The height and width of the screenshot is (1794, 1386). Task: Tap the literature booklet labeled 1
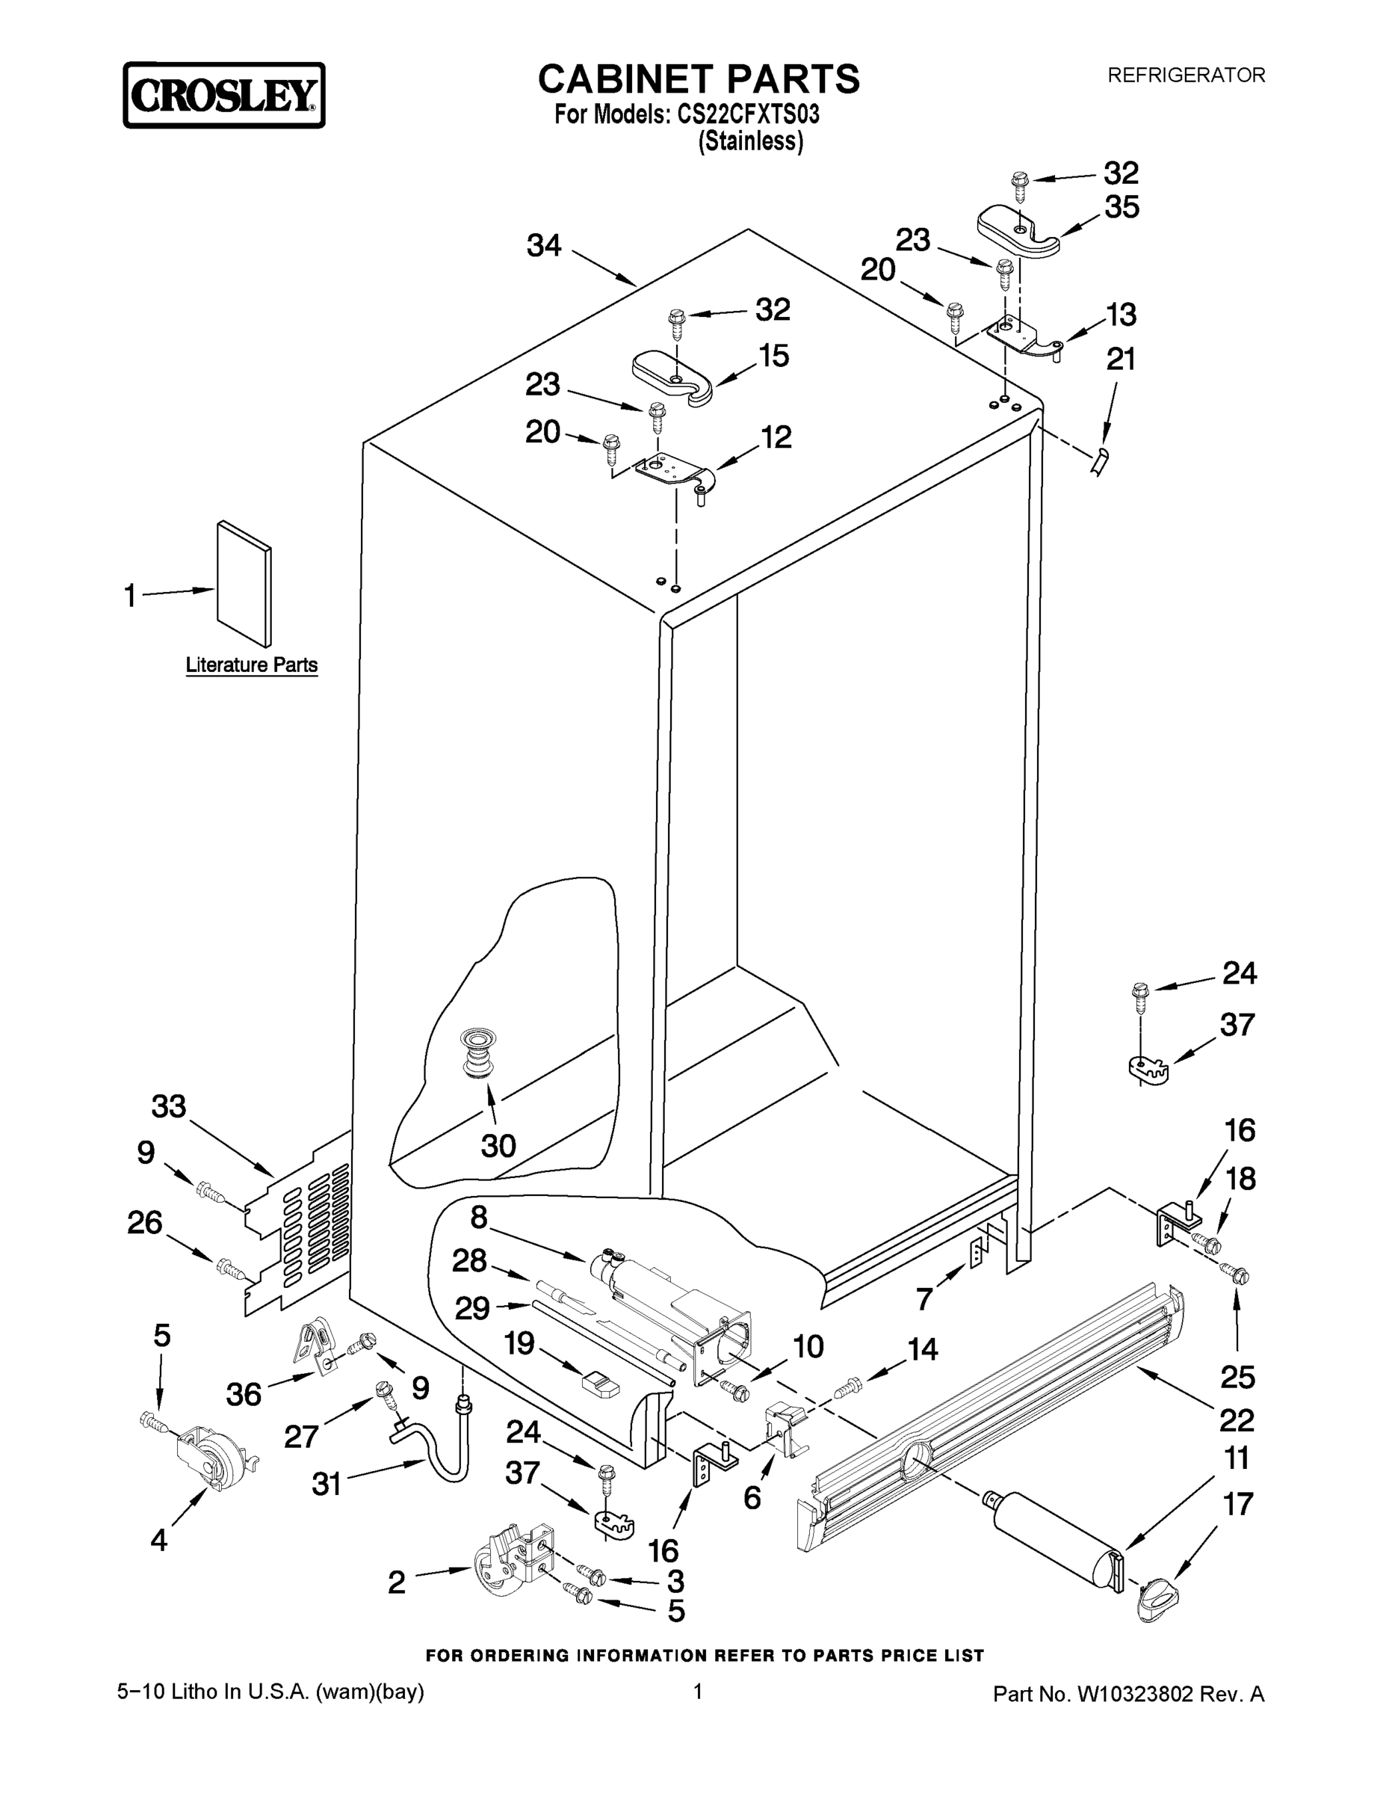pos(244,583)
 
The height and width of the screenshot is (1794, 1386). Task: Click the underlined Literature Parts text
pos(251,665)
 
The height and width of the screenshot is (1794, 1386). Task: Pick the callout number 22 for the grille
pos(1237,1420)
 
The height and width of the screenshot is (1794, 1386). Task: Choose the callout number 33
pos(168,1107)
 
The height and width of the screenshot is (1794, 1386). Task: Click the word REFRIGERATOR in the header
pos(1186,75)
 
